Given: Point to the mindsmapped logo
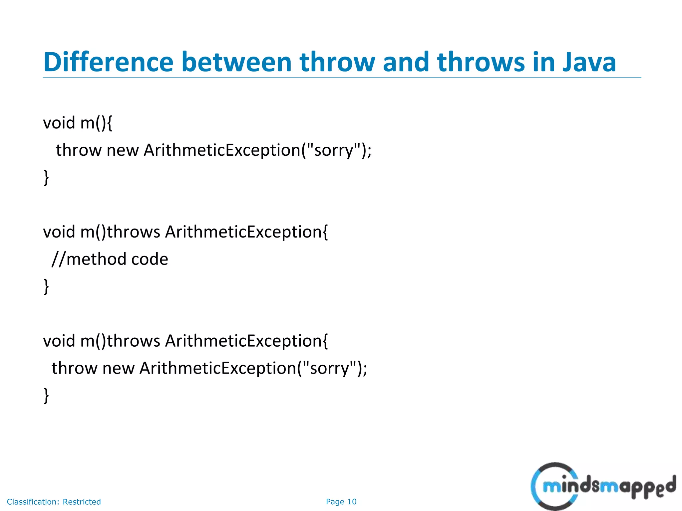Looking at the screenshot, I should (x=603, y=486).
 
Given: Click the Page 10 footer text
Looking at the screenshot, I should (x=341, y=502).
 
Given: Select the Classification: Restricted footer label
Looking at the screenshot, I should (x=54, y=502).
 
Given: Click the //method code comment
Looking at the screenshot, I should (x=110, y=259).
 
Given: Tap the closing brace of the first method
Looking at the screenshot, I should (x=46, y=177).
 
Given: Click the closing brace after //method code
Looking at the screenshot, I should (x=46, y=286).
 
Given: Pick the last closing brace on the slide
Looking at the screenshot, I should (x=46, y=396).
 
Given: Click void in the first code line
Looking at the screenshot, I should (x=59, y=123).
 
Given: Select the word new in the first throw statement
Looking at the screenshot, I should (x=122, y=150).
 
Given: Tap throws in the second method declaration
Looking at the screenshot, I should (x=133, y=232).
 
